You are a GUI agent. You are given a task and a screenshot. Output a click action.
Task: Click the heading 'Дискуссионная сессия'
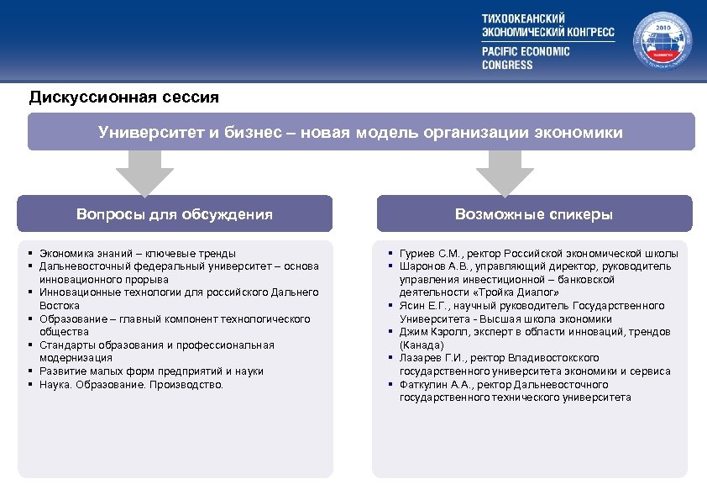[123, 97]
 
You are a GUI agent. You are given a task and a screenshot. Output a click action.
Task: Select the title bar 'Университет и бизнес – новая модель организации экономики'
[361, 133]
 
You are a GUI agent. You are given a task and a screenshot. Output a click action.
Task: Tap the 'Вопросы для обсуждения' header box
[175, 214]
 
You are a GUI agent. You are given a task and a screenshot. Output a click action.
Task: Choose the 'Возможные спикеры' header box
[534, 214]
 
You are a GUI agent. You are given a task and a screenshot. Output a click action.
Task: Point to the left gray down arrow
[144, 172]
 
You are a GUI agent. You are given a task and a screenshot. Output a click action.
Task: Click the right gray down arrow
[505, 172]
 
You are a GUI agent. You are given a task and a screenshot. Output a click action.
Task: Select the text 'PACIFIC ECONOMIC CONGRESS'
[526, 58]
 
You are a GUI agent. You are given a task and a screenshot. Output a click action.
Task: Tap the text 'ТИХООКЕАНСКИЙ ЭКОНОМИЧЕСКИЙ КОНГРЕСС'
[547, 25]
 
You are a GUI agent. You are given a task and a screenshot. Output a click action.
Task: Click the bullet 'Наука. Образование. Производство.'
[132, 384]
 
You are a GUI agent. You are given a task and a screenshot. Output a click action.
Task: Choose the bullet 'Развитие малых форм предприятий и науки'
[151, 371]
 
